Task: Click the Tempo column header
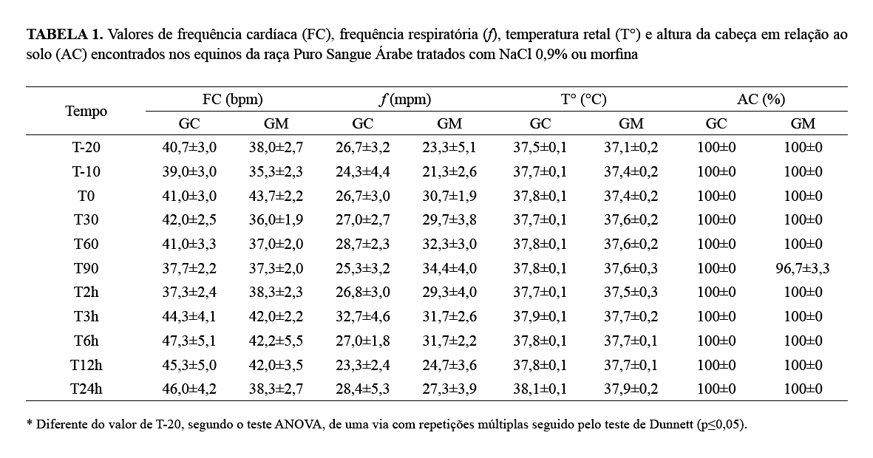pyautogui.click(x=86, y=112)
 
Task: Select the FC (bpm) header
pyautogui.click(x=232, y=100)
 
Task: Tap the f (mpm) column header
pyautogui.click(x=405, y=100)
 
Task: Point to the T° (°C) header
pyautogui.click(x=583, y=100)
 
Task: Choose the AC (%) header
pyautogui.click(x=761, y=100)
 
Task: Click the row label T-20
pyautogui.click(x=86, y=147)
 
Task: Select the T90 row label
pyautogui.click(x=86, y=268)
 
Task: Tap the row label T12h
pyautogui.click(x=86, y=365)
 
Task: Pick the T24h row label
pyautogui.click(x=86, y=389)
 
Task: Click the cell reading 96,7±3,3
pyautogui.click(x=802, y=268)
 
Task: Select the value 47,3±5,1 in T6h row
pyautogui.click(x=189, y=341)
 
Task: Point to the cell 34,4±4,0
pyautogui.click(x=449, y=268)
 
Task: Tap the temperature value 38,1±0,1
pyautogui.click(x=540, y=389)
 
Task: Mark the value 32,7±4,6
pyautogui.click(x=362, y=316)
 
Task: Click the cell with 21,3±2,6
pyautogui.click(x=449, y=171)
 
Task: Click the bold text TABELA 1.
pyautogui.click(x=65, y=35)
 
